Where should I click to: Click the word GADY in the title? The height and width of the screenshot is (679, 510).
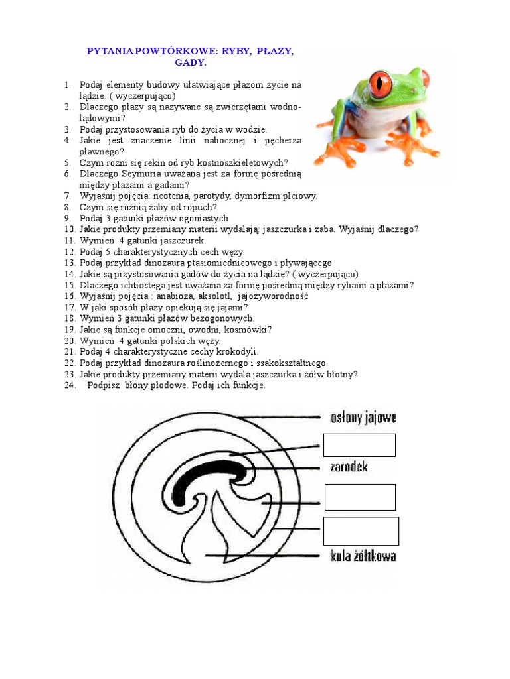tap(191, 63)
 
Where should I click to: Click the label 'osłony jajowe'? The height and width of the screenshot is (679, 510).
tap(363, 418)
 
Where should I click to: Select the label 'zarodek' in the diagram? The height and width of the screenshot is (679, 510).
tap(349, 467)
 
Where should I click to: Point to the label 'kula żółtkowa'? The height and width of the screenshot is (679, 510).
tap(363, 556)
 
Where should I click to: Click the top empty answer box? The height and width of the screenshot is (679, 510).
tap(359, 445)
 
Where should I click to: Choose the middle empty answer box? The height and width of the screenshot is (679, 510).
tap(360, 497)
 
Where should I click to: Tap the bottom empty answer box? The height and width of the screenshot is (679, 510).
tap(361, 531)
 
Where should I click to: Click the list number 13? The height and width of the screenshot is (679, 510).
tap(70, 263)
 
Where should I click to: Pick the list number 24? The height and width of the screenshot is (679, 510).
tap(70, 385)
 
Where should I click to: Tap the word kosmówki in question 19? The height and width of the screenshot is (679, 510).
tap(249, 330)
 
